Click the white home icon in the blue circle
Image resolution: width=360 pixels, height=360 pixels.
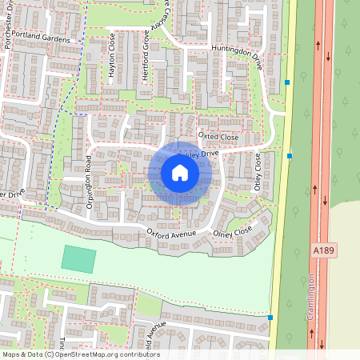click(x=180, y=173)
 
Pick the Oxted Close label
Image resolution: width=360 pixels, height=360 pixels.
click(x=218, y=138)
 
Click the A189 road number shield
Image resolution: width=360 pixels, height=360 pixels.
click(x=322, y=251)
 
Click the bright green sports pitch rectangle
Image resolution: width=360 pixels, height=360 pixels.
click(x=79, y=258)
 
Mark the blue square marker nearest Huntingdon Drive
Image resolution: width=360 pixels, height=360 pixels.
click(x=286, y=82)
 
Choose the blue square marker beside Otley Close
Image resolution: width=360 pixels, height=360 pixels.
click(x=290, y=156)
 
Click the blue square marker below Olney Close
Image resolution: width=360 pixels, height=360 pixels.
click(x=270, y=318)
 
